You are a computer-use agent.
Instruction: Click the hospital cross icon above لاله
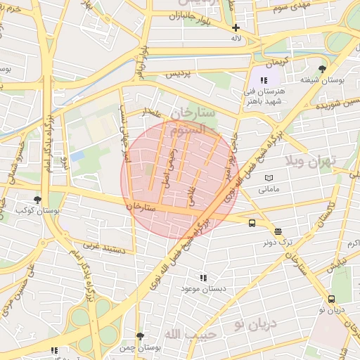point(236,28)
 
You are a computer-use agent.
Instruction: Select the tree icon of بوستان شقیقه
point(322,69)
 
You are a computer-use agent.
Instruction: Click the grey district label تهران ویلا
point(310,161)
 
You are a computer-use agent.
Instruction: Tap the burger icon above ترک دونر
point(278,231)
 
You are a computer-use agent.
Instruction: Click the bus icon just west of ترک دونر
point(252,224)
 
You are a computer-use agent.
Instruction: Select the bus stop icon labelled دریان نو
point(331,299)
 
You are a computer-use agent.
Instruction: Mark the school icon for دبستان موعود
point(203,278)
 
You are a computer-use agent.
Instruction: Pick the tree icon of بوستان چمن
point(140,336)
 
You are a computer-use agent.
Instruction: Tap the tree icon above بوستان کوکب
point(37,200)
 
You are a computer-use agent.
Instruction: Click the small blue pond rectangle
point(77,155)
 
